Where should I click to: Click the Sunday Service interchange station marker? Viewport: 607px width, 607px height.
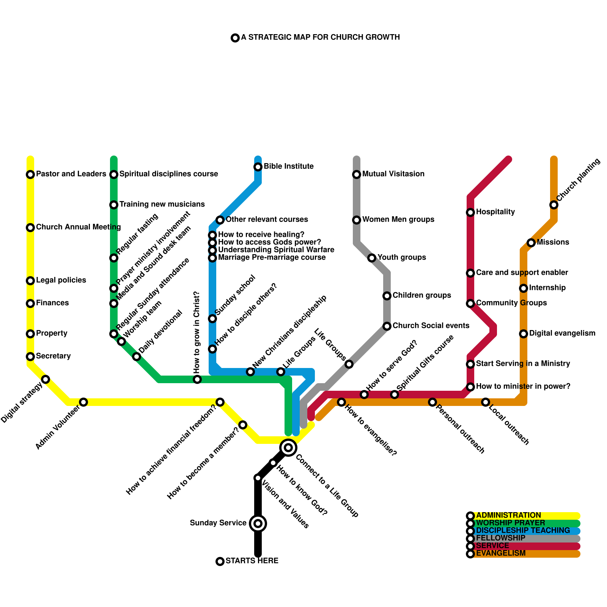click(258, 524)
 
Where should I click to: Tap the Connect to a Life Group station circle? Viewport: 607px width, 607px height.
click(288, 448)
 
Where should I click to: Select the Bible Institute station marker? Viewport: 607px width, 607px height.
click(258, 167)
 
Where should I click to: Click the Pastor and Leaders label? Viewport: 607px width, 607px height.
click(71, 174)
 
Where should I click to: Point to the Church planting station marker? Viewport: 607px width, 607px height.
click(554, 205)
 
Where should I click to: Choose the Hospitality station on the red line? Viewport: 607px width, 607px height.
click(470, 212)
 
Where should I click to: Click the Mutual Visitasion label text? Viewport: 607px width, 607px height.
click(393, 174)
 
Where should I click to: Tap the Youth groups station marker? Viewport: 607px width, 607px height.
click(372, 258)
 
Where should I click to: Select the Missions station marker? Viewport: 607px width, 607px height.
click(531, 243)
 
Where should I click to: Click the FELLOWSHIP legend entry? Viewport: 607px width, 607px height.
click(500, 538)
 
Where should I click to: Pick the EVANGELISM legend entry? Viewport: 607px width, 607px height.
click(500, 554)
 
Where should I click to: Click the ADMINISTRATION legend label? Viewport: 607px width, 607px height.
click(508, 516)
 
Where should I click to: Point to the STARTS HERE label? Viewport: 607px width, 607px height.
click(252, 561)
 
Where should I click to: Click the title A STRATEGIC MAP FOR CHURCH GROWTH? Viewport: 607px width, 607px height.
click(321, 38)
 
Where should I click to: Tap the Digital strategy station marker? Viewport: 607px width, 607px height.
click(46, 379)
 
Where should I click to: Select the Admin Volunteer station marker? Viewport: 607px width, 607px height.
click(83, 402)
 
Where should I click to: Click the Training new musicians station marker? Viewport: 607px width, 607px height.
click(114, 205)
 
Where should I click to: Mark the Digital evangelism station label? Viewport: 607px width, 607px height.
click(562, 333)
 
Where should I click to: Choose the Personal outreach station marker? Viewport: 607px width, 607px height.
click(432, 402)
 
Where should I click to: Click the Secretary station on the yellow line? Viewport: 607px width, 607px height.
click(30, 357)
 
